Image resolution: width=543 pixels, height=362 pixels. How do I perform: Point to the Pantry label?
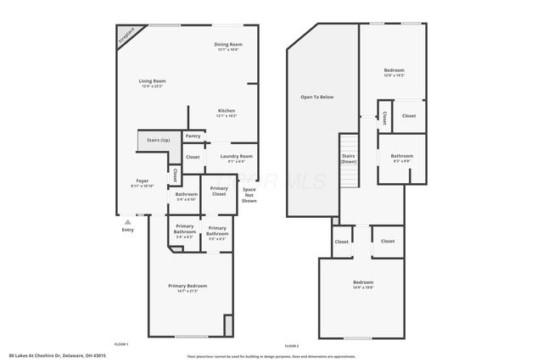click(193, 136)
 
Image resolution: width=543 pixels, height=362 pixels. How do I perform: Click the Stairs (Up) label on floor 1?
click(158, 139)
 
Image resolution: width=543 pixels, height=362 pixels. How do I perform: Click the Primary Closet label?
click(219, 192)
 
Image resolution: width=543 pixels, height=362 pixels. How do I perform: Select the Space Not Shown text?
click(249, 195)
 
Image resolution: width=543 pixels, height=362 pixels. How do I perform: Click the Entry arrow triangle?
click(128, 221)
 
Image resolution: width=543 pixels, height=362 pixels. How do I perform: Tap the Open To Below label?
click(316, 97)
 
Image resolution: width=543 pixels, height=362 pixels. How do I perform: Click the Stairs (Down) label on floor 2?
click(348, 159)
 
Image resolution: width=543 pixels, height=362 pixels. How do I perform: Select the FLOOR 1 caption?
click(121, 345)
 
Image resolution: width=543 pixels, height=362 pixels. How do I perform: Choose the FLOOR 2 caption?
click(292, 345)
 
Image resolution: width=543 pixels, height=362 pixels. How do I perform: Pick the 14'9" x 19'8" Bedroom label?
click(362, 284)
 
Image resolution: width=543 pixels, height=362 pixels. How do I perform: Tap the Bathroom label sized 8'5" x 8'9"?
click(401, 158)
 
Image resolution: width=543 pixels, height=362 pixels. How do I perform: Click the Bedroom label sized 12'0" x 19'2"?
click(393, 72)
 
